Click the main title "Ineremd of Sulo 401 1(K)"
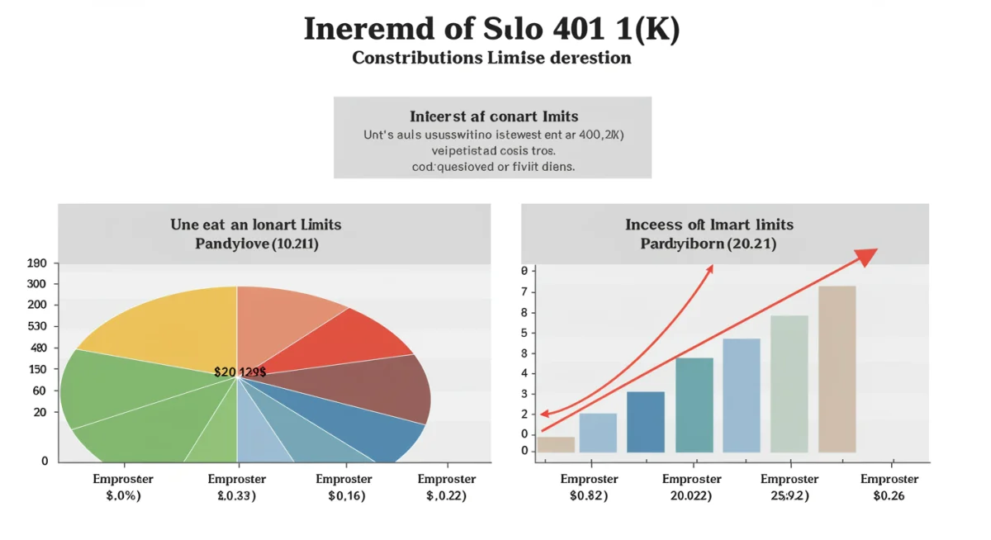click(491, 29)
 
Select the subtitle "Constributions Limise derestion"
click(491, 58)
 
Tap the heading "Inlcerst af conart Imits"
click(493, 116)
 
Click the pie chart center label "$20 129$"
click(239, 372)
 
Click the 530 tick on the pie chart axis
click(38, 326)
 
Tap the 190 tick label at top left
click(38, 263)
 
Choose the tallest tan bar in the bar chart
click(837, 369)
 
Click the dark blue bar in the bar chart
click(645, 422)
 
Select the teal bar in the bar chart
click(694, 405)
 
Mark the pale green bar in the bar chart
click(789, 384)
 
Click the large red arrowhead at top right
click(865, 257)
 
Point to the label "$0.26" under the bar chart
click(889, 496)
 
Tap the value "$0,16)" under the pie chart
click(348, 496)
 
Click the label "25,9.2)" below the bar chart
click(789, 496)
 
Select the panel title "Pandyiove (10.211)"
click(256, 244)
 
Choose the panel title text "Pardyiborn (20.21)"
click(708, 244)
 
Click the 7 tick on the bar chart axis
click(524, 292)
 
